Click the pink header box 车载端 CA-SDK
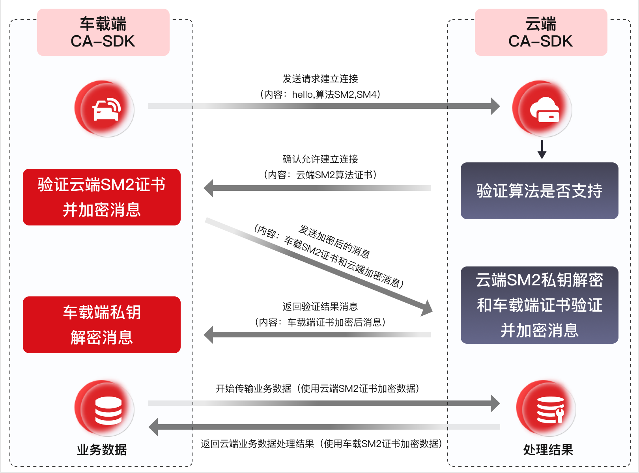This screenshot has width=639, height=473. click(103, 32)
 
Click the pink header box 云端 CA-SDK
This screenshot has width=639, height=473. click(541, 32)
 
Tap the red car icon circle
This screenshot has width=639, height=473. click(105, 109)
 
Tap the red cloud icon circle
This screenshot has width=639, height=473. click(542, 109)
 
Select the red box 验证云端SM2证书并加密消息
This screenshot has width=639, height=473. click(102, 197)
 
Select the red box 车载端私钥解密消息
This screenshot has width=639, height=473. click(102, 325)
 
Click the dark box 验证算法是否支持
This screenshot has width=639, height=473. click(539, 191)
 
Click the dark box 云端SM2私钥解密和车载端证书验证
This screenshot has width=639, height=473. click(539, 305)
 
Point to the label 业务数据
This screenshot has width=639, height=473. click(102, 450)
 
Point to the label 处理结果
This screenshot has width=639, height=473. click(548, 450)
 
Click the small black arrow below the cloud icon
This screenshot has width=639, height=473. click(542, 150)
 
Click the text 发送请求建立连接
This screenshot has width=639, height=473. click(320, 79)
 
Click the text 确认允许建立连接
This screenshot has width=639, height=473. click(320, 159)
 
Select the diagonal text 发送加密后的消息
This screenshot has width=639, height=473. click(334, 241)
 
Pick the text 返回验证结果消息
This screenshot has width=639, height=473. click(320, 307)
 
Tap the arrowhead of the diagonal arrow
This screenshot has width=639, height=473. click(427, 307)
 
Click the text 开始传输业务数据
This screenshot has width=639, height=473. click(253, 389)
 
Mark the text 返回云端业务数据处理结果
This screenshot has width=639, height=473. click(257, 444)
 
